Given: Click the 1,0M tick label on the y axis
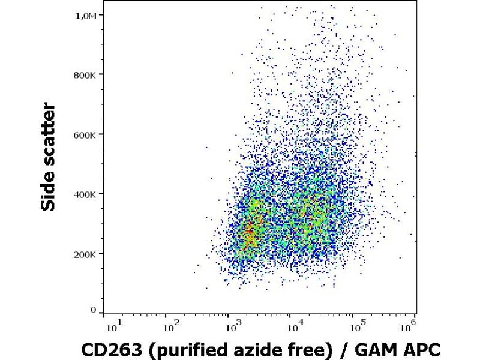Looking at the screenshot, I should tap(86, 15).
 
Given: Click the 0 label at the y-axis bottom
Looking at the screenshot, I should tap(93, 310).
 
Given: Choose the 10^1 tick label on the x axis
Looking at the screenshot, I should tap(112, 327).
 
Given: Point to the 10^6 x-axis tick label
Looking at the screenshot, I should tap(410, 327).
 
